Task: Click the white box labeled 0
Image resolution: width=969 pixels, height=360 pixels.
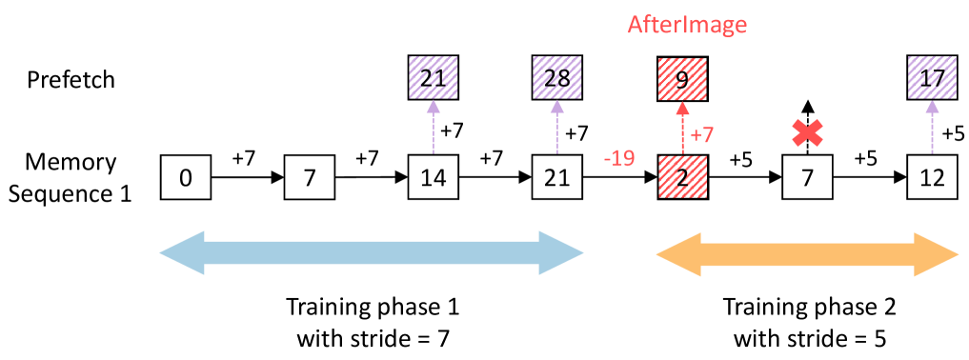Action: click(186, 178)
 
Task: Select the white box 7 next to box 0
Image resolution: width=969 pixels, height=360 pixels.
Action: click(310, 178)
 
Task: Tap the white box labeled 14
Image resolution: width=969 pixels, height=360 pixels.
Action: click(434, 178)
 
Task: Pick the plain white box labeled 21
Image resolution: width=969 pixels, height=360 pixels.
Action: click(557, 178)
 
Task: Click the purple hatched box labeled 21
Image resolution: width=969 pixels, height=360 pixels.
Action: click(434, 78)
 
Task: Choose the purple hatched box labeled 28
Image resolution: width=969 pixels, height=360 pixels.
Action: click(557, 78)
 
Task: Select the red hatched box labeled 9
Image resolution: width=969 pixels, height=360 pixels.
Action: click(682, 78)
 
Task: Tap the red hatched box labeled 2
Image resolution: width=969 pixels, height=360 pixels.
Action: click(682, 178)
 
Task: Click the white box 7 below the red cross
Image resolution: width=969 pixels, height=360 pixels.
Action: click(807, 178)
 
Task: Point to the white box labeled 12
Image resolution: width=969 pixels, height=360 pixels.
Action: click(933, 178)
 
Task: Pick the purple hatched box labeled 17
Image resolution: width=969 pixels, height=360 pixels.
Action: click(933, 78)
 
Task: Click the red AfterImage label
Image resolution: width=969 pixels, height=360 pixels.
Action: click(686, 26)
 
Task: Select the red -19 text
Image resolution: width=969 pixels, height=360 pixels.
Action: click(619, 158)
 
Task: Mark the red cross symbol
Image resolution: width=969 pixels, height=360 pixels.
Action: click(807, 134)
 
